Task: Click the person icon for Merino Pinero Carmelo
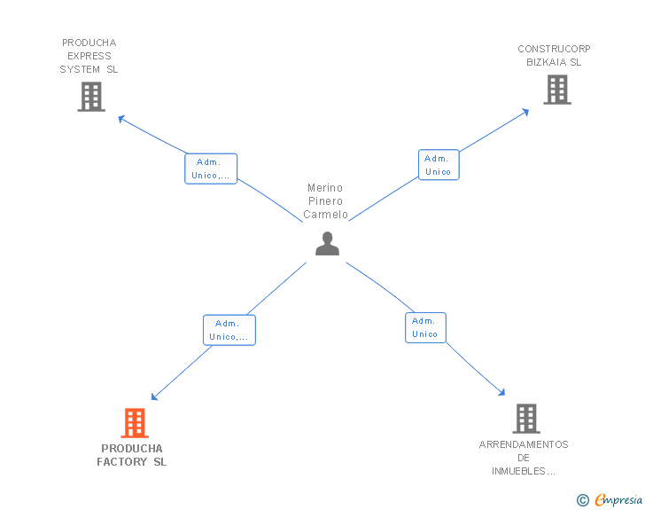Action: [x=327, y=243]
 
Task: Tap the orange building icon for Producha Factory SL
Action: [x=134, y=423]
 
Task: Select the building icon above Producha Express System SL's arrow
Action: [x=91, y=96]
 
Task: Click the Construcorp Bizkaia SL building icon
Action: [x=556, y=89]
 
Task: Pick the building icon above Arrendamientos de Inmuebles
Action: [x=525, y=418]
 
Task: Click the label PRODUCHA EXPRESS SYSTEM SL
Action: [x=89, y=56]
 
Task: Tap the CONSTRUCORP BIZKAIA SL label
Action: [x=554, y=56]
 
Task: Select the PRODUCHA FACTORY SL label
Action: [x=132, y=455]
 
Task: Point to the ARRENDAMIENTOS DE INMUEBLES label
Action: [x=524, y=458]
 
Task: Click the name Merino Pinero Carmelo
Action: [x=325, y=201]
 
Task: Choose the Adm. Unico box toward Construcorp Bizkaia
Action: [x=439, y=165]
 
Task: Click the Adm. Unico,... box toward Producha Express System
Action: [x=211, y=169]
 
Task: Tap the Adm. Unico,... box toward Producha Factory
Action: [x=229, y=330]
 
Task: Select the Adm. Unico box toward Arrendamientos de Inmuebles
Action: [x=425, y=327]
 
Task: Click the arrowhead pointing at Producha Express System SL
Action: [x=121, y=118]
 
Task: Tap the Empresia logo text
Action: [x=618, y=500]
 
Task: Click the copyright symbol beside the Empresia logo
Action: [x=583, y=501]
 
